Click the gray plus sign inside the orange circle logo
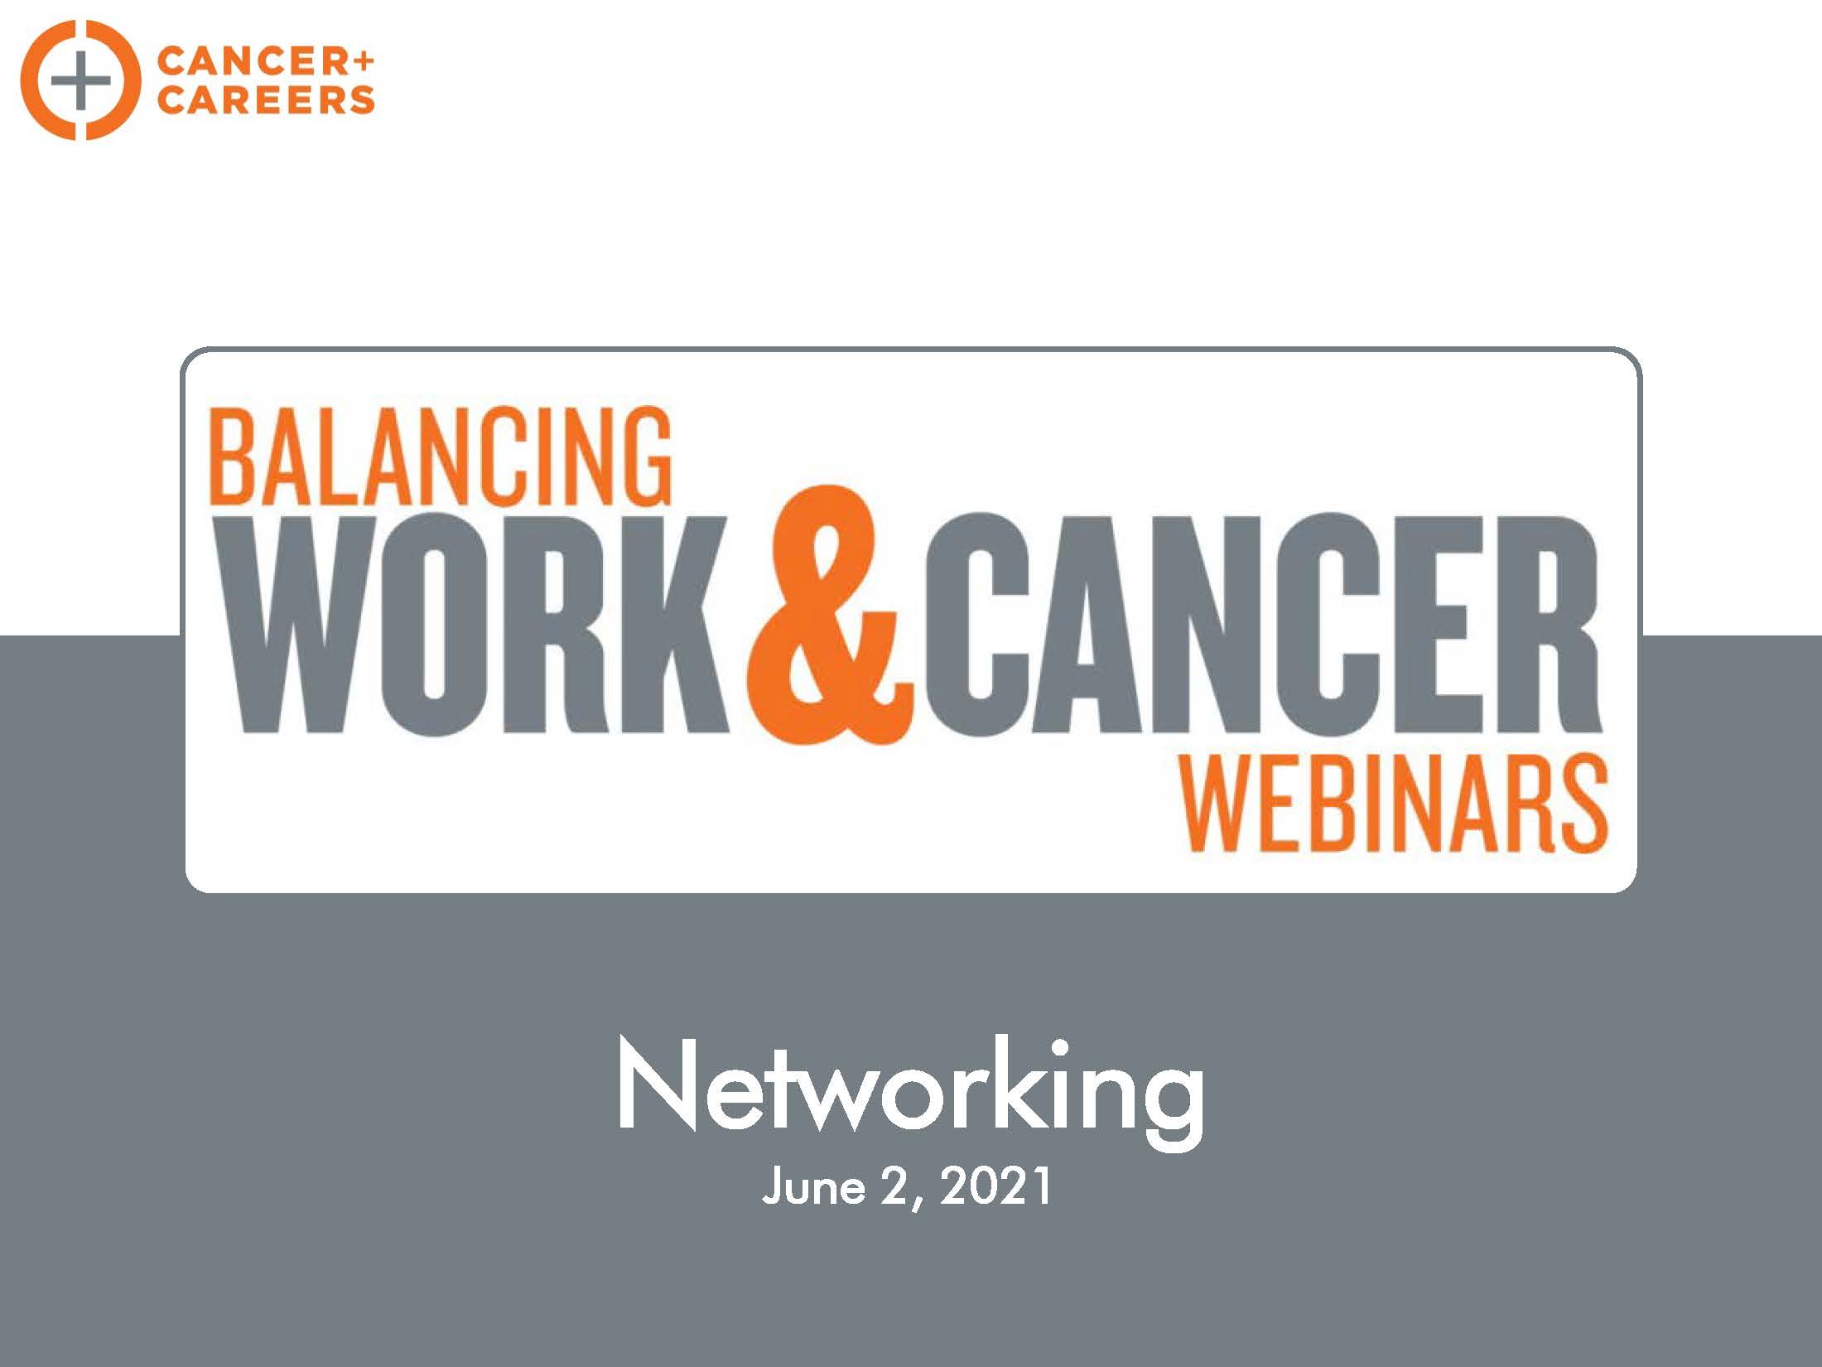coord(80,80)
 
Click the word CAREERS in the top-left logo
coord(266,100)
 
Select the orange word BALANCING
coord(441,456)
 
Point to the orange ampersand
coord(831,616)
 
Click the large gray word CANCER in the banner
coord(1264,625)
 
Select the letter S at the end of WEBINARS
coord(1581,804)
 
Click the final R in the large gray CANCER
coord(1540,625)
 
